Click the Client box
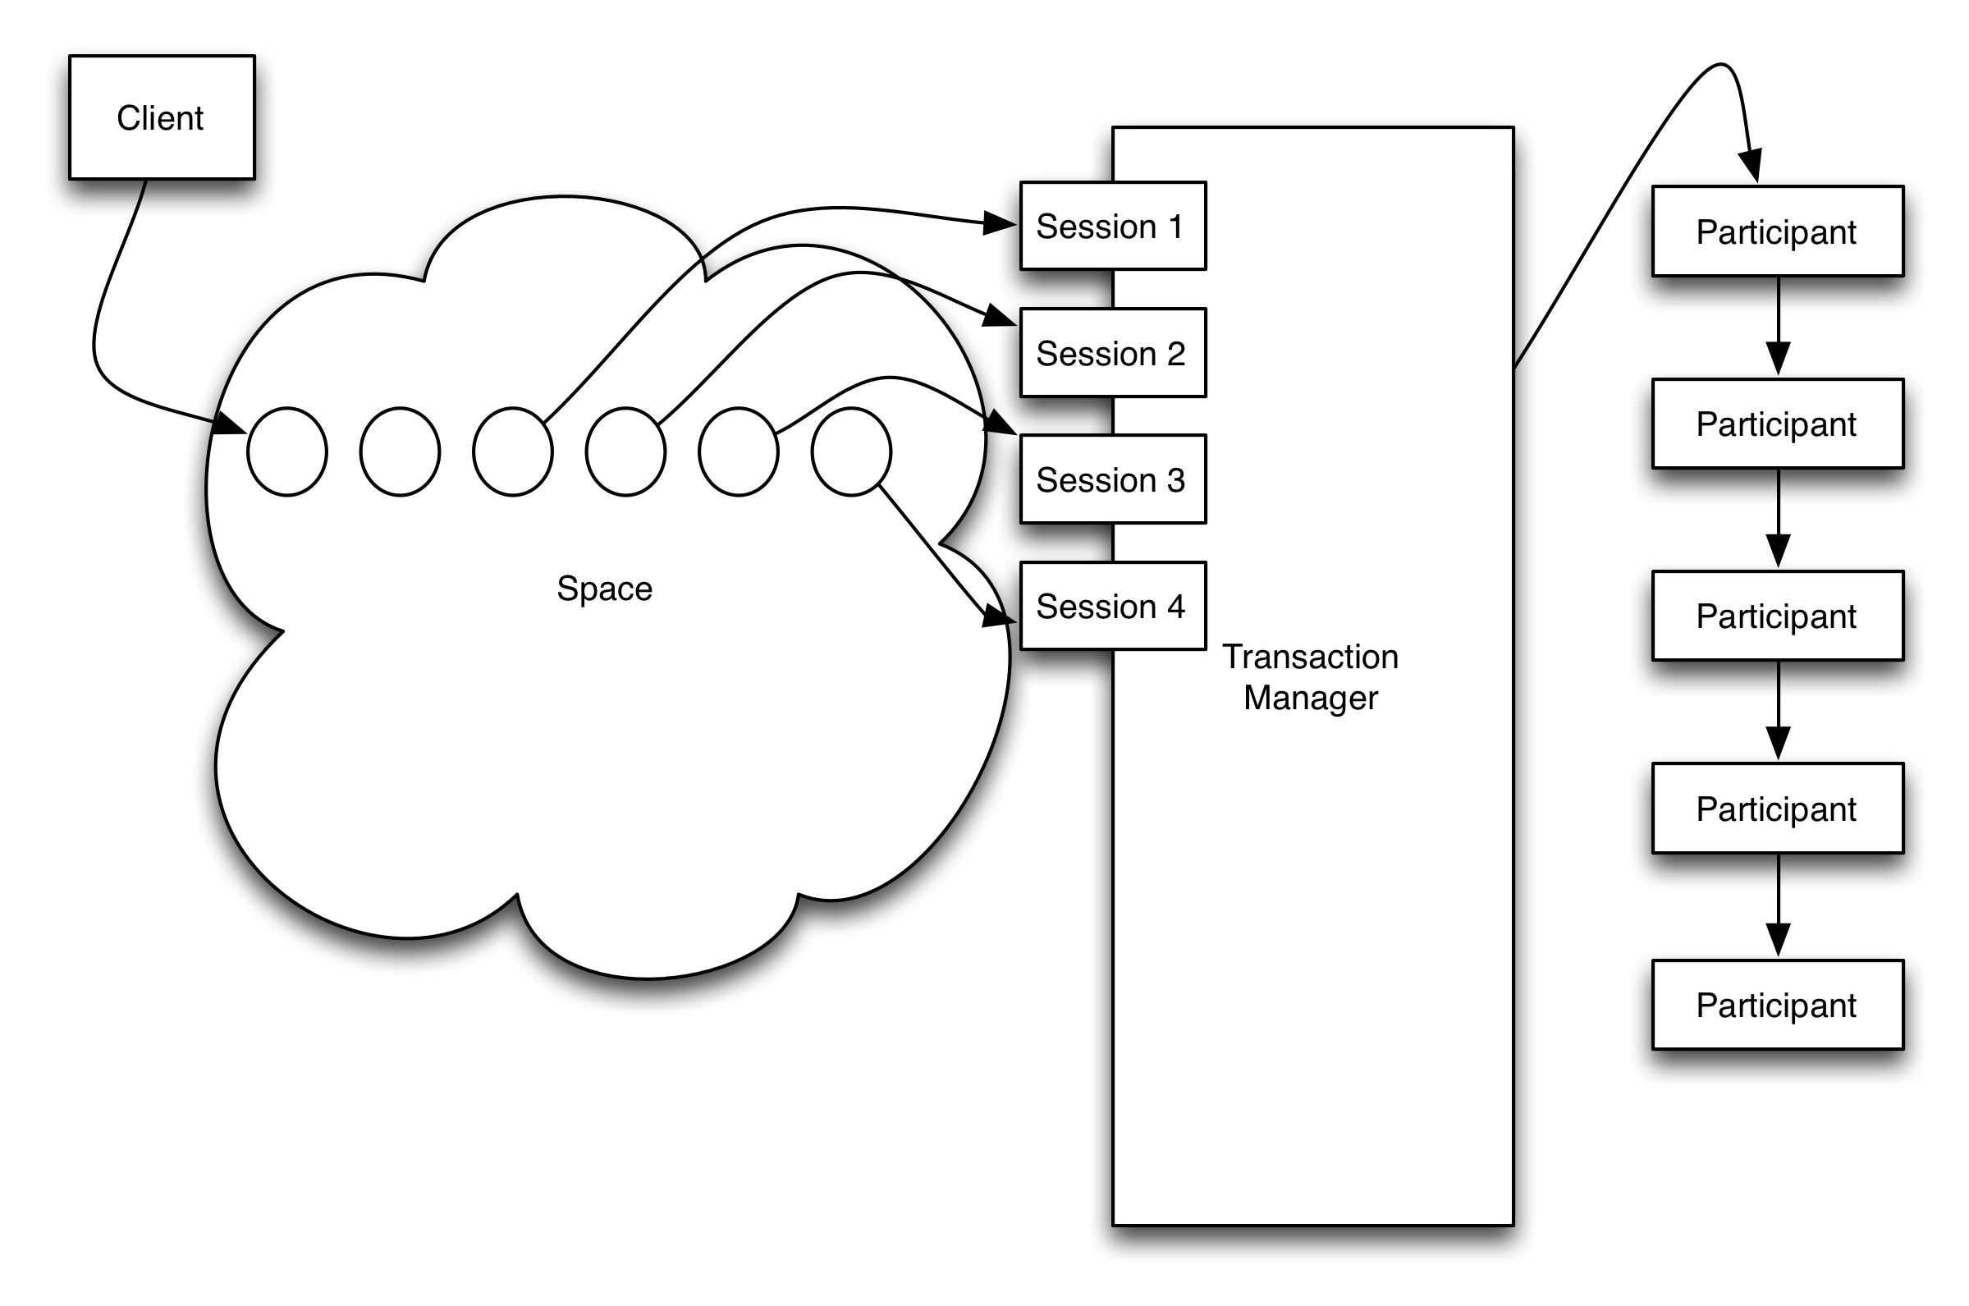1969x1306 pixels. coord(162,117)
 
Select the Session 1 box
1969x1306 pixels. coord(1112,226)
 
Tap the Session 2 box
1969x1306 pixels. coord(1112,353)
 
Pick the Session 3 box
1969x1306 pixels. coord(1112,479)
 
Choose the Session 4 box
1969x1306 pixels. coord(1112,607)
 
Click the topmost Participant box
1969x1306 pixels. coord(1778,231)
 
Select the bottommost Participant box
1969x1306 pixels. coord(1778,1006)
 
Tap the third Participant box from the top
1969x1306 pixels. coord(1778,616)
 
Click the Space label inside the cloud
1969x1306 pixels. coord(604,589)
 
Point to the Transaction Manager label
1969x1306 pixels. coord(1311,677)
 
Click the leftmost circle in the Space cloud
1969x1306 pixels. coord(287,452)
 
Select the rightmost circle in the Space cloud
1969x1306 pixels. coord(851,452)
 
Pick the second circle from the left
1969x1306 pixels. coord(400,452)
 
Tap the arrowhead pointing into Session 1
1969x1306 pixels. coord(999,223)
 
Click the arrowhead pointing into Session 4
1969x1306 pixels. coord(998,615)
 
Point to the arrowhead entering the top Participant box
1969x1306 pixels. coord(1751,165)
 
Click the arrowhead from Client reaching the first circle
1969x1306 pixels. coord(229,424)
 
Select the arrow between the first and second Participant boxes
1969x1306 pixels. coord(1779,328)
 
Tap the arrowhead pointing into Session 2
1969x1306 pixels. coord(999,317)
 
